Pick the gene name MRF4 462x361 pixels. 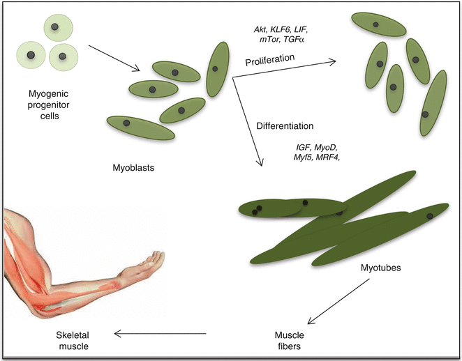click(x=334, y=159)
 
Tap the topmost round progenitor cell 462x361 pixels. click(x=59, y=29)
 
